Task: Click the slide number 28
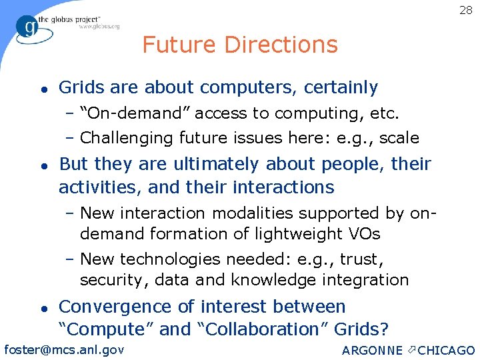click(465, 10)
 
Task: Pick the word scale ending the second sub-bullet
click(399, 138)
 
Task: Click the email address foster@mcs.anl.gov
click(64, 349)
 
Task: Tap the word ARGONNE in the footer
click(372, 351)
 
